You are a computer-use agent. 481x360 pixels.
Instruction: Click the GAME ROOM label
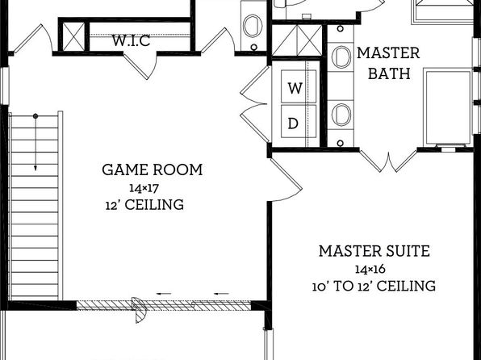pos(153,170)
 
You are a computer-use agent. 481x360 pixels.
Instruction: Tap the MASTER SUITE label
pos(374,251)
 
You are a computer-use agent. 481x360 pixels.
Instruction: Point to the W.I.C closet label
pos(131,40)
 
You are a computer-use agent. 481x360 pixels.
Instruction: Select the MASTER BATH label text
pos(389,63)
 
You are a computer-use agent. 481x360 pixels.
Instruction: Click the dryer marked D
pos(299,121)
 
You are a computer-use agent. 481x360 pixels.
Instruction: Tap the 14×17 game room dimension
pos(144,188)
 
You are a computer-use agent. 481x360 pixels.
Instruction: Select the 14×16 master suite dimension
pos(370,269)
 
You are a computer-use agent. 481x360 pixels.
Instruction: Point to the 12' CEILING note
pos(144,205)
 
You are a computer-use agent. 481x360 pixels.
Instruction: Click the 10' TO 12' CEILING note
pos(374,286)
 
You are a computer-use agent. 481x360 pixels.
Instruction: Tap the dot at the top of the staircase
pos(36,116)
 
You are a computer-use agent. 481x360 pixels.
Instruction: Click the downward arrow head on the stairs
pos(36,168)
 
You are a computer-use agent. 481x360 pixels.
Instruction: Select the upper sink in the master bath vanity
pos(341,57)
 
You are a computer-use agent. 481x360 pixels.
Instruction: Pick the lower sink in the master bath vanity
pos(341,115)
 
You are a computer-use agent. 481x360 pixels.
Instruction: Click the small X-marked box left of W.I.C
pos(73,36)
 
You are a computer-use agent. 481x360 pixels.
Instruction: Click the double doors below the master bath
pos(389,161)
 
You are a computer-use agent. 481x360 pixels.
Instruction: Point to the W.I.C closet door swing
pos(140,65)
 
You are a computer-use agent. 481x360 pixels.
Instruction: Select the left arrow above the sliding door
pos(164,294)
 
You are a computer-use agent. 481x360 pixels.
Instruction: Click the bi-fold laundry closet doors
pos(255,104)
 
